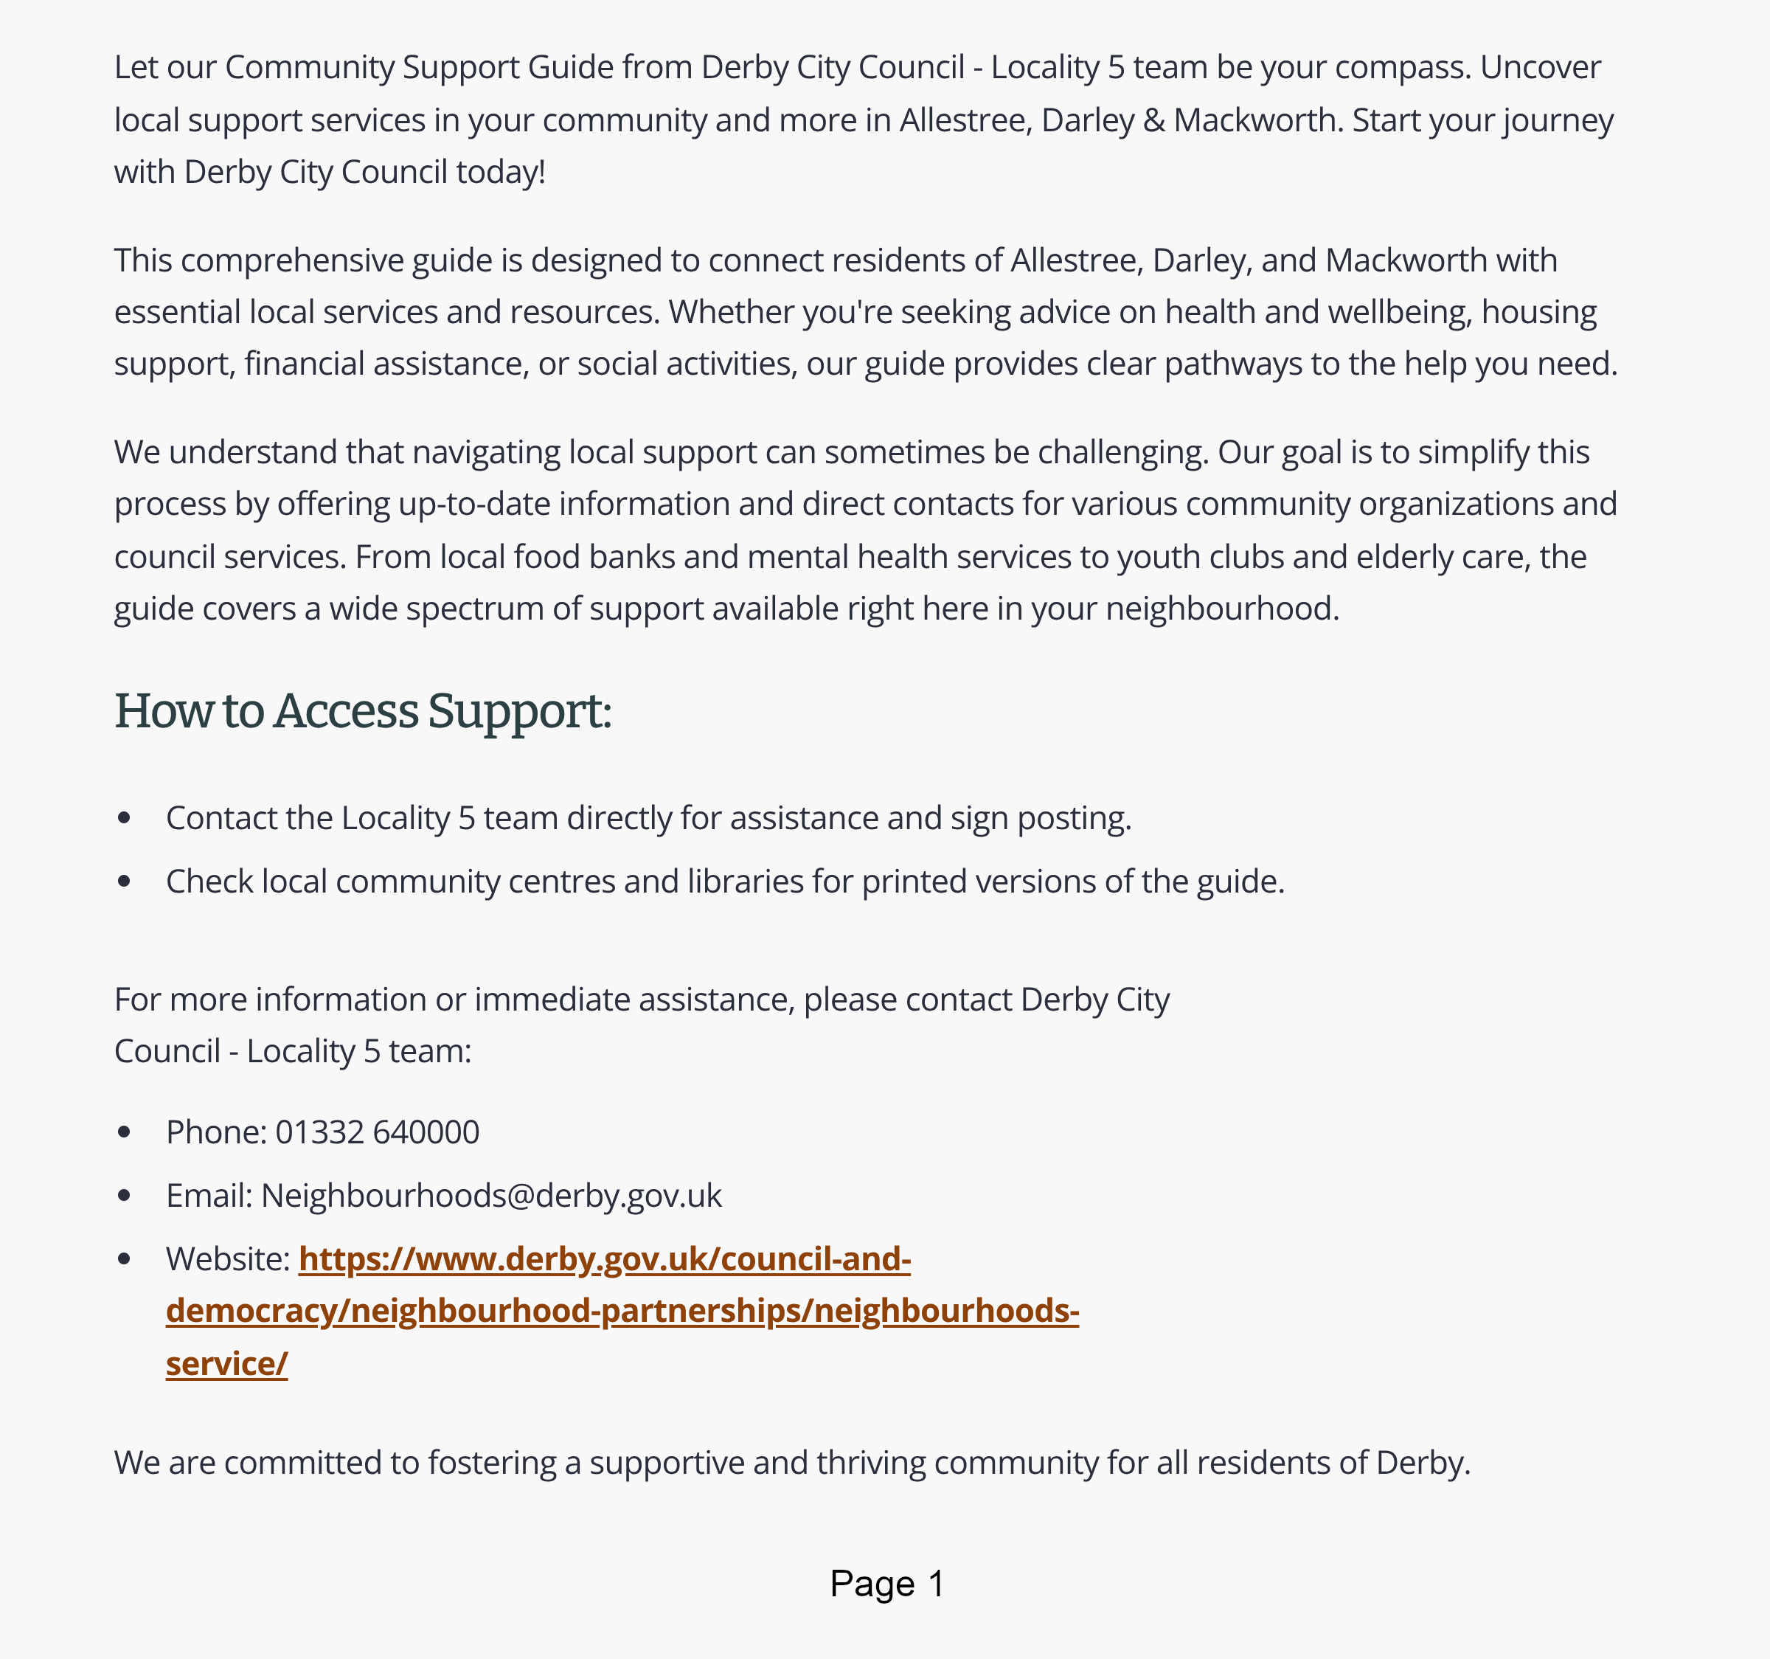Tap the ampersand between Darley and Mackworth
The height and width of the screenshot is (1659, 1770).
pos(1154,120)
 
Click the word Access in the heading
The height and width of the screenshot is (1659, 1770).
pos(345,712)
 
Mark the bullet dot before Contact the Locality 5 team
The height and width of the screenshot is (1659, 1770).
pos(125,818)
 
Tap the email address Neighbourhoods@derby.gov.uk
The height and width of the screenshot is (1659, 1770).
pos(490,1196)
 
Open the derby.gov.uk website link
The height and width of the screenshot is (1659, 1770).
pos(622,1311)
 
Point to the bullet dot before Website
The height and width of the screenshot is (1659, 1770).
pos(125,1259)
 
